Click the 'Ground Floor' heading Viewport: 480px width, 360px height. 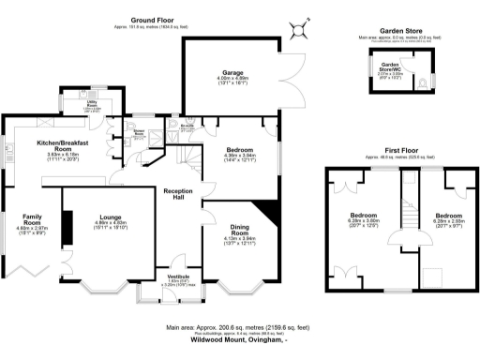pyautogui.click(x=156, y=18)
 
